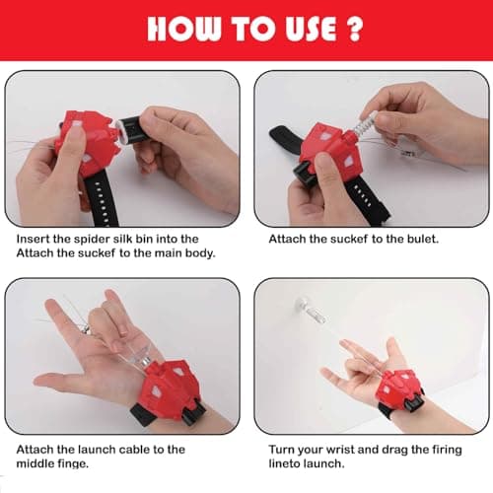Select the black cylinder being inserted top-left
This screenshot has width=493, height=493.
pos(128,129)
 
